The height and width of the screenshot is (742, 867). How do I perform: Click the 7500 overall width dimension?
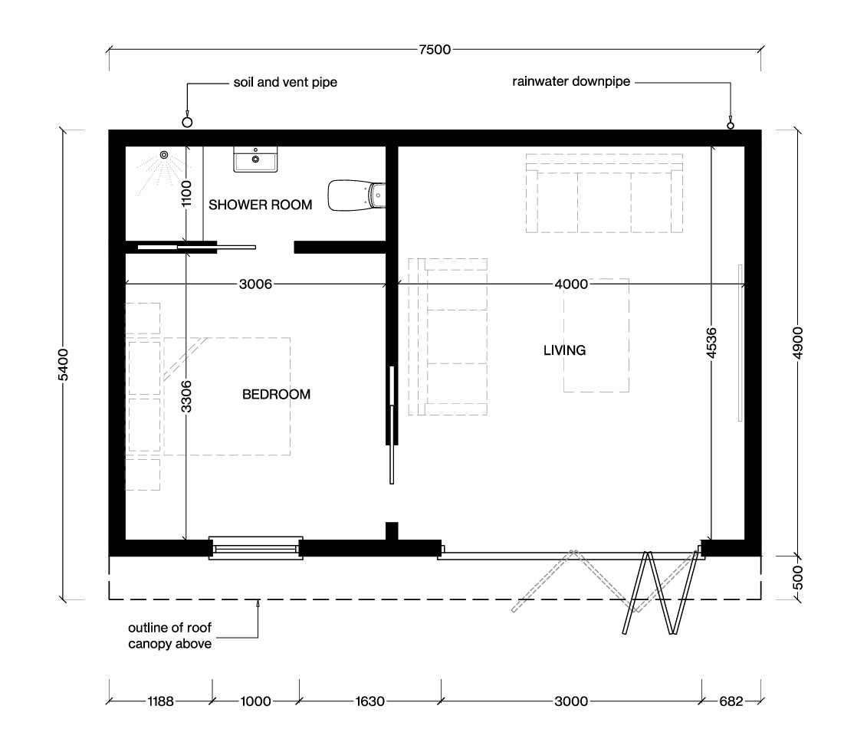click(x=435, y=50)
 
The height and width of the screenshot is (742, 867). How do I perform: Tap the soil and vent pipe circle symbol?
click(x=186, y=122)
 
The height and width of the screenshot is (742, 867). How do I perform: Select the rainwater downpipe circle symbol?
click(x=731, y=125)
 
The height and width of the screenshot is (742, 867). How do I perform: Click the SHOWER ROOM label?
click(x=261, y=205)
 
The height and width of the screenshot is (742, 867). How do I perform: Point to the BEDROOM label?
click(x=276, y=395)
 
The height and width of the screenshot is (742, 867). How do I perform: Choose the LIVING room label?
click(x=564, y=350)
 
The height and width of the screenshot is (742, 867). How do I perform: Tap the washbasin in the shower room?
click(x=255, y=160)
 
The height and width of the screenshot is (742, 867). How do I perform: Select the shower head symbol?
click(x=163, y=156)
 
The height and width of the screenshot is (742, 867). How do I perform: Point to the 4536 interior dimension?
click(x=712, y=343)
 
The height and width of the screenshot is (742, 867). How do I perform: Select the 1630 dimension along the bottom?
click(x=369, y=701)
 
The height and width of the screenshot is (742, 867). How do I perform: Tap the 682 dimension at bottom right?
click(x=731, y=701)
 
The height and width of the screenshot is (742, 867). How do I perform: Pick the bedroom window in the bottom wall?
click(x=255, y=547)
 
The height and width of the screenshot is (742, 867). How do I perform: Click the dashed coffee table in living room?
click(x=596, y=336)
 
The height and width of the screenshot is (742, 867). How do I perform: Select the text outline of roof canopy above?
click(x=169, y=636)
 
